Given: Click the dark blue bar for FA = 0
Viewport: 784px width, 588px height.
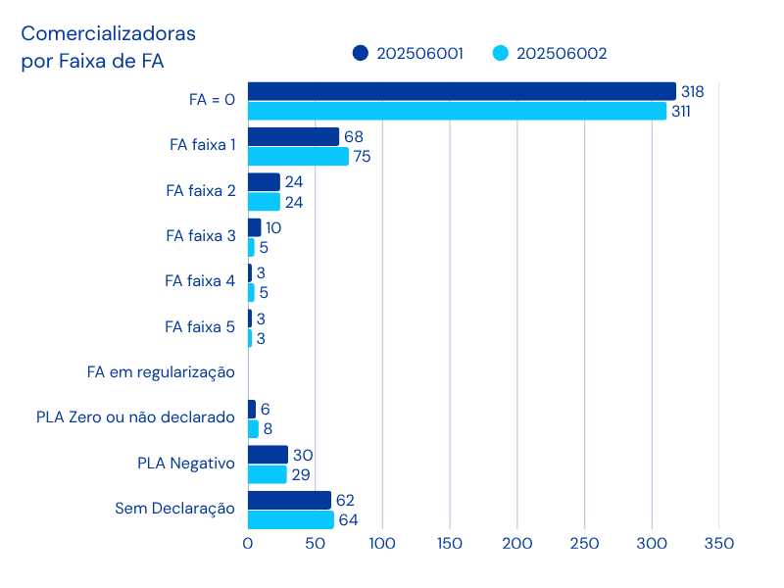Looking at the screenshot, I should [462, 91].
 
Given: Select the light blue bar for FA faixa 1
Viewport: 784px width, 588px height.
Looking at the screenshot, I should [298, 156].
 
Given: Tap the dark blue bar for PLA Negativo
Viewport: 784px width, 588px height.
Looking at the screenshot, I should [268, 455].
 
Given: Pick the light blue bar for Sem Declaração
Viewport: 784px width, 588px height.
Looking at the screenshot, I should [291, 519].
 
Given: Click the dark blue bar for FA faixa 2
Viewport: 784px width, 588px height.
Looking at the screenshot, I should [264, 182].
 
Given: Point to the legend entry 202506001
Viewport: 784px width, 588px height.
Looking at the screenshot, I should [409, 53].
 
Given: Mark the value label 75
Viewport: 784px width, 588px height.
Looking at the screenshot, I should [362, 156].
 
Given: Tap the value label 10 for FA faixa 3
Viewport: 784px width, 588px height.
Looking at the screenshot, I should [273, 227].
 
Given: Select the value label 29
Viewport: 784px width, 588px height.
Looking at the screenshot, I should [301, 474].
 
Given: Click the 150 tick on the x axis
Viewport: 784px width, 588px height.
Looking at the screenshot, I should [450, 542].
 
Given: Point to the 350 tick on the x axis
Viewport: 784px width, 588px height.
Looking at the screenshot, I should [718, 542].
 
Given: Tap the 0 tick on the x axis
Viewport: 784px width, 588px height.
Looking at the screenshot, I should [248, 542].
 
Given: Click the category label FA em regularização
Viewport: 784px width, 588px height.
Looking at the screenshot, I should [161, 371].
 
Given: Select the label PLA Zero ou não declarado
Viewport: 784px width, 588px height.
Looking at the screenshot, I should [135, 416].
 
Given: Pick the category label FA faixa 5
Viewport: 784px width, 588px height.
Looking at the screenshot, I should [200, 326].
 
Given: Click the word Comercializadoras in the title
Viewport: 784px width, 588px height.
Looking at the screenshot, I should [108, 33].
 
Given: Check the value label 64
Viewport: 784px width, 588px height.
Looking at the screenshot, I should [348, 519].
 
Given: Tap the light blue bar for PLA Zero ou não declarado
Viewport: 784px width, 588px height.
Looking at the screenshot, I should [253, 428].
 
